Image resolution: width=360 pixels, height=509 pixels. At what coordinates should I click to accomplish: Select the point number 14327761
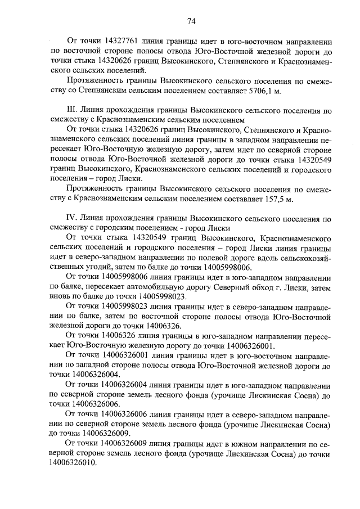tap(117, 41)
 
